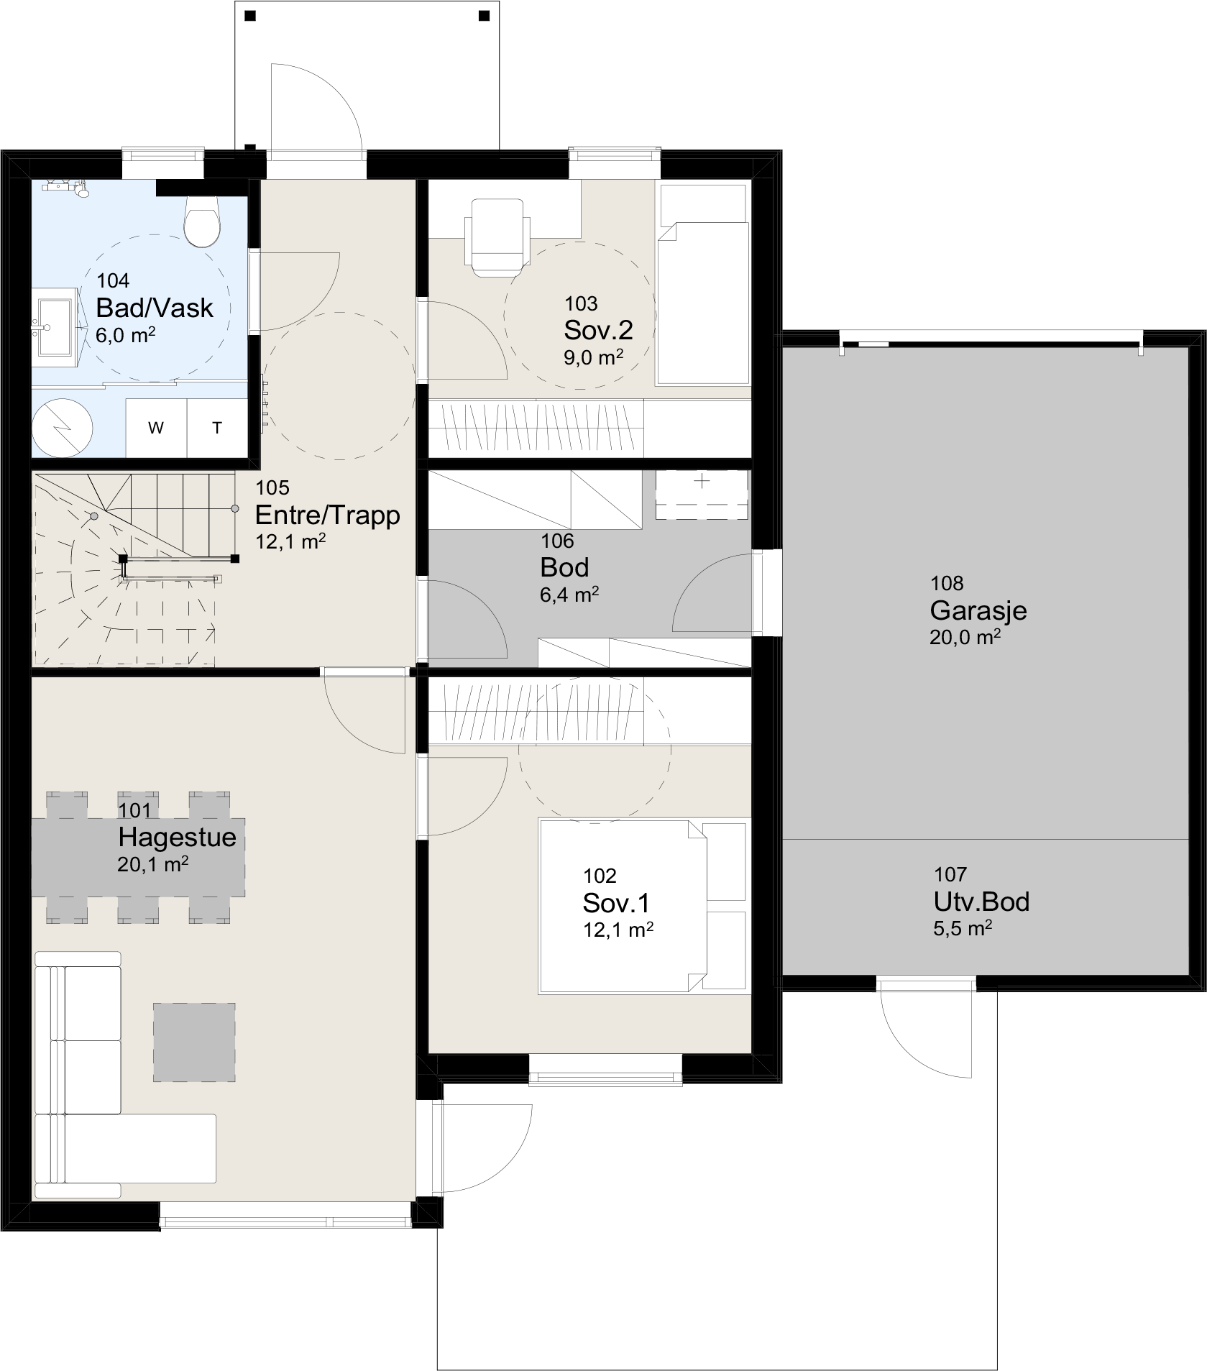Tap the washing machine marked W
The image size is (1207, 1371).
pos(156,428)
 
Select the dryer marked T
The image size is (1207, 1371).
pos(217,428)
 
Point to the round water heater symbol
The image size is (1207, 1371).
pos(63,427)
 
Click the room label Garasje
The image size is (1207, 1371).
pos(978,610)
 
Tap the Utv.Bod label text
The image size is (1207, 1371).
pos(981,902)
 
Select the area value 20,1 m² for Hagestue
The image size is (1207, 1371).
pos(153,864)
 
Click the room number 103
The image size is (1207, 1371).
pos(581,304)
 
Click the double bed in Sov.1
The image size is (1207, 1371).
pos(643,906)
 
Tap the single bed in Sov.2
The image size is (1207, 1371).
pos(703,284)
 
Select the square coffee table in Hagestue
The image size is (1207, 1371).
pos(194,1042)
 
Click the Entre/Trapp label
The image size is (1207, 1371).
pos(328,515)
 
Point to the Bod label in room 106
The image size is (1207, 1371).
pos(564,567)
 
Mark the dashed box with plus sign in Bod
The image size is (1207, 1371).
pos(702,495)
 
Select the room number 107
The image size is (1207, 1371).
pos(950,874)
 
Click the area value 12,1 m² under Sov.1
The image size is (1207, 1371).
pos(618,930)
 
